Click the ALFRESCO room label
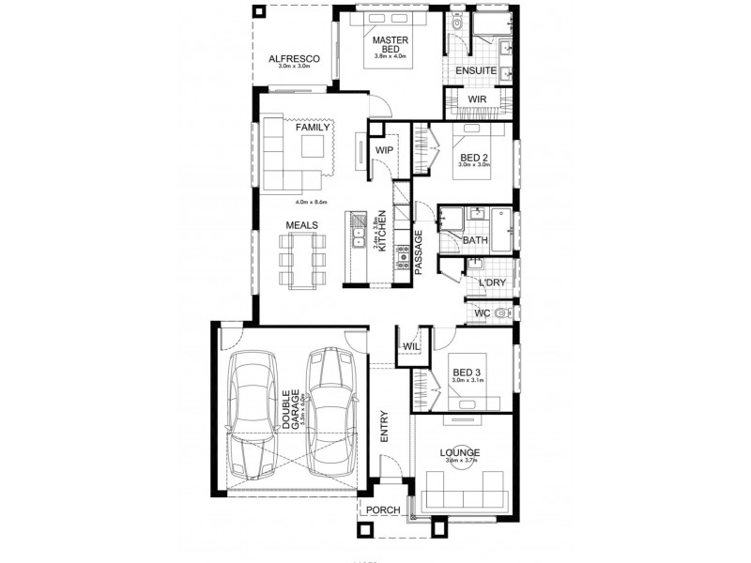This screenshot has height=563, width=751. pyautogui.click(x=294, y=58)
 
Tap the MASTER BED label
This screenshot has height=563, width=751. pyautogui.click(x=388, y=46)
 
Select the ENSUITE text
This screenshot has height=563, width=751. pyautogui.click(x=476, y=71)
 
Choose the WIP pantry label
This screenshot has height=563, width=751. pyautogui.click(x=383, y=150)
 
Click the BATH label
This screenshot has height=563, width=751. pyautogui.click(x=475, y=241)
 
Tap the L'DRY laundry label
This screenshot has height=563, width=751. pyautogui.click(x=492, y=281)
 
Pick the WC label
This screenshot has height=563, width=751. pyautogui.click(x=483, y=312)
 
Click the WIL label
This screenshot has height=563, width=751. pyautogui.click(x=411, y=347)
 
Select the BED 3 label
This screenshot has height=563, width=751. pyautogui.click(x=467, y=372)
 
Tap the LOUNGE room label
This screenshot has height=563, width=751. pyautogui.click(x=460, y=452)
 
